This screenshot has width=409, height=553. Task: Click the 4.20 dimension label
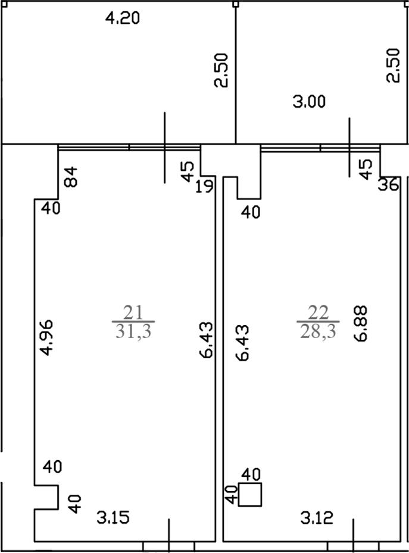coord(123,18)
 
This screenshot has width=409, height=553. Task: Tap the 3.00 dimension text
coord(309,102)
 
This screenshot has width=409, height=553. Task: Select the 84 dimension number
coord(71,177)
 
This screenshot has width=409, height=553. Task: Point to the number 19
coord(204,186)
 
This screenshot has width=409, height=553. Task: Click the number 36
coord(388,185)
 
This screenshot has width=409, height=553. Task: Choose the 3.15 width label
coord(113,518)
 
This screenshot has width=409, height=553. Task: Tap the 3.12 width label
coord(317,518)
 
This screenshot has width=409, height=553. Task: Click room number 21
coord(133,313)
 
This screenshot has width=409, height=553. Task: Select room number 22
coord(318,313)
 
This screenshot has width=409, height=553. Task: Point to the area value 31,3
coord(133,332)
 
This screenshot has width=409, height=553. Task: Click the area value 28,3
coord(318,332)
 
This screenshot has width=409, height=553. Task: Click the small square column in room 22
coord(250,495)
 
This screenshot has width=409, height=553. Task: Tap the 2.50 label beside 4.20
coord(221,70)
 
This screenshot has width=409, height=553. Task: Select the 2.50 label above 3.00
coord(393,65)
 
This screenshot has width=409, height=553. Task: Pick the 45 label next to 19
coord(188,171)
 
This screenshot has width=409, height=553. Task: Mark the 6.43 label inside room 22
coord(242,343)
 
